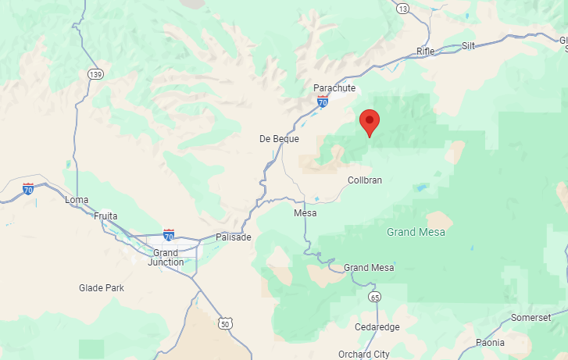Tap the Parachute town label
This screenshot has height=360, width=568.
click(x=334, y=88)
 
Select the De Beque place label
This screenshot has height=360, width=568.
click(x=279, y=138)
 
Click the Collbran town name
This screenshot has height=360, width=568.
click(x=364, y=180)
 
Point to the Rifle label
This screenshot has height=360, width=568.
click(x=426, y=51)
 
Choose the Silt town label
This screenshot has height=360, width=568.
click(x=468, y=46)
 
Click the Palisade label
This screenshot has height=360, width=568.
click(x=234, y=237)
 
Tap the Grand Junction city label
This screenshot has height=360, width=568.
click(x=166, y=257)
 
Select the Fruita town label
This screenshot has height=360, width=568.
click(x=105, y=216)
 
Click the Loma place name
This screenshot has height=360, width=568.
click(x=77, y=200)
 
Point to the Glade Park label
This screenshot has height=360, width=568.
click(x=102, y=288)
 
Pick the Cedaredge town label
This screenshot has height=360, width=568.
click(x=377, y=326)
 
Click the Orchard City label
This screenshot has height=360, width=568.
click(x=364, y=354)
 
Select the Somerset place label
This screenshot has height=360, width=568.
click(x=530, y=317)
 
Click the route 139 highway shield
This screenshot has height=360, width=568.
click(x=95, y=74)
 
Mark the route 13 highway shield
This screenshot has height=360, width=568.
click(x=402, y=9)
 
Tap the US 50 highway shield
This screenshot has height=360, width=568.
click(x=226, y=323)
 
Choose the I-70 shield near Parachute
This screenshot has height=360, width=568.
click(x=323, y=102)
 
